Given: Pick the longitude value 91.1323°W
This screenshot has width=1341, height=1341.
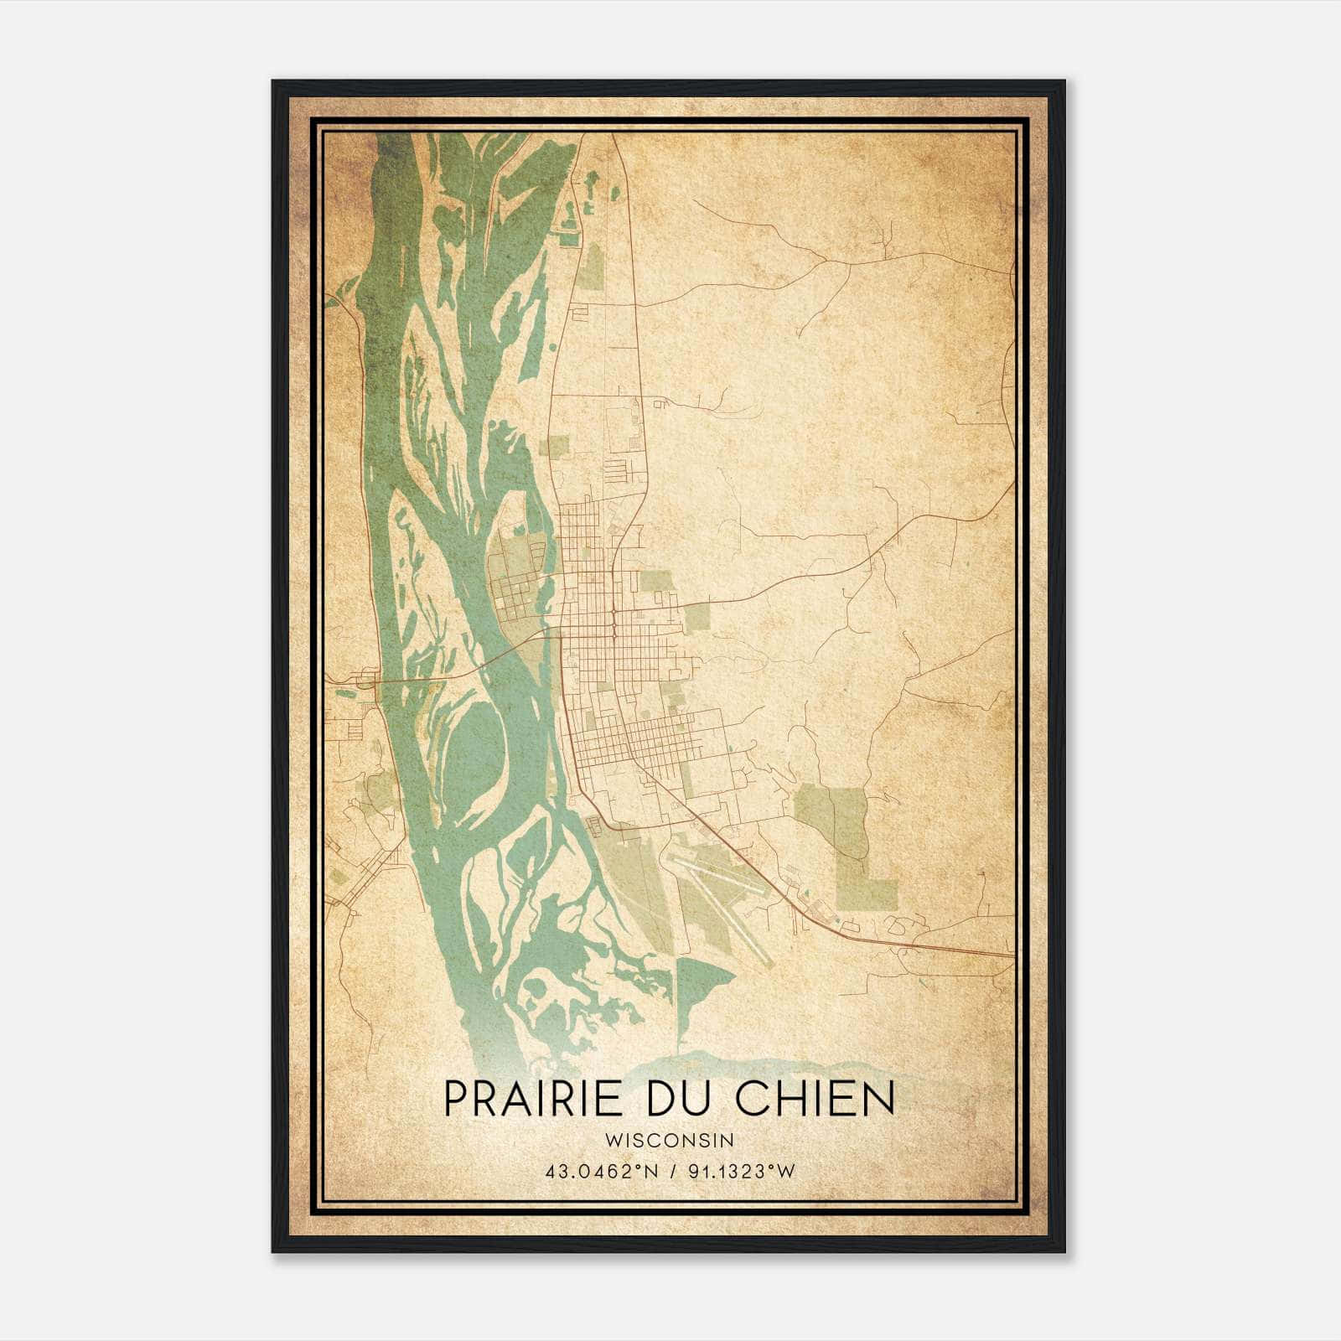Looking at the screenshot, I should point(741,1172).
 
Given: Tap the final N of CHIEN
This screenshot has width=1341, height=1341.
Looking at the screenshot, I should point(879,1099).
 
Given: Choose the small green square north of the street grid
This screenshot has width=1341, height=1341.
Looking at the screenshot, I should point(557,446).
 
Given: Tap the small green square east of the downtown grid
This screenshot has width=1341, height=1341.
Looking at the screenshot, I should point(696,617).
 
